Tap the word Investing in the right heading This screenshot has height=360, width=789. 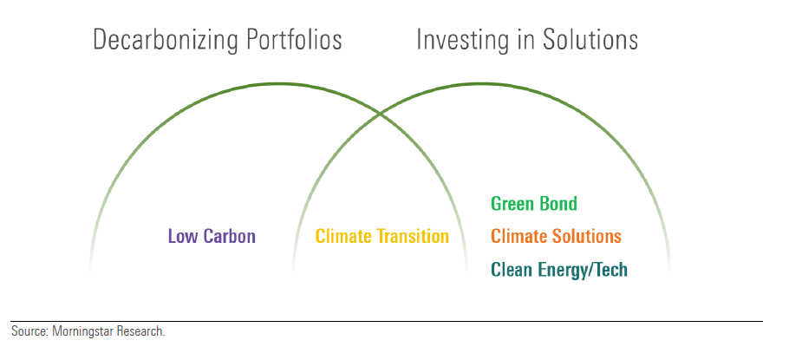pos(462,41)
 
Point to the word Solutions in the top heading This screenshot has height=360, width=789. pos(590,39)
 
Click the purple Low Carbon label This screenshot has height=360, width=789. pos(212,236)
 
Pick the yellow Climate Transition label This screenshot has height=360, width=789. pos(381,236)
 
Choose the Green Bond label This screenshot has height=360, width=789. pos(534,203)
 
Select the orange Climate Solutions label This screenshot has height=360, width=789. pos(556,236)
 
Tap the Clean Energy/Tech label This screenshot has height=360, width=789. pos(559,270)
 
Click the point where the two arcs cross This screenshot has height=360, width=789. pos(379,115)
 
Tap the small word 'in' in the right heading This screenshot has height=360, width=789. pos(525,39)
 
